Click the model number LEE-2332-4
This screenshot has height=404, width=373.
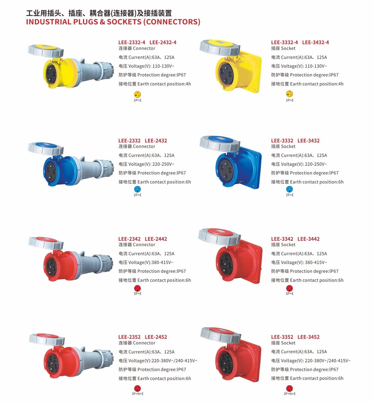[x=131, y=42]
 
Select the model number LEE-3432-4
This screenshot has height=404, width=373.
[x=315, y=42]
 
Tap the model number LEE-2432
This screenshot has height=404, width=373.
[x=156, y=141]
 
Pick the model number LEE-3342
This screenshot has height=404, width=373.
[x=282, y=239]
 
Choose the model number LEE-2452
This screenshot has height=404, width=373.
[x=156, y=337]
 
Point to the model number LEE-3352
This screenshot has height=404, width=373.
[x=282, y=337]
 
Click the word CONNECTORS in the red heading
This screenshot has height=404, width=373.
[x=172, y=22]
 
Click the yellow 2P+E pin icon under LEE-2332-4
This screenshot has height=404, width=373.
[x=137, y=94]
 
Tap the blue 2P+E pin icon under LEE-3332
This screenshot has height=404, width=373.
[x=289, y=189]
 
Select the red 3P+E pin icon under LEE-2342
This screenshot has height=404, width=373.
[x=137, y=288]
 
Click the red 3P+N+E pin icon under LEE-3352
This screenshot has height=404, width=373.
[x=289, y=388]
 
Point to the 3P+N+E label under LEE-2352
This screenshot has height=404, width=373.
[x=137, y=394]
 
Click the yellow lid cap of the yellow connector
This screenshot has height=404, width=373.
[x=47, y=47]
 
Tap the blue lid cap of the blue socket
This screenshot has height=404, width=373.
[x=220, y=139]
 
